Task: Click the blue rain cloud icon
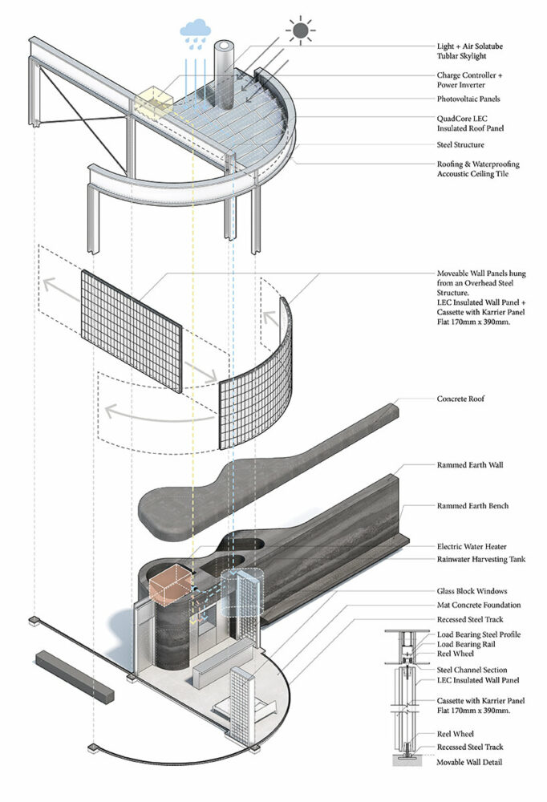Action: [196, 30]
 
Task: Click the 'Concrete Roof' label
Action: [460, 399]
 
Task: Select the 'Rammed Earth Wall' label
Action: [469, 465]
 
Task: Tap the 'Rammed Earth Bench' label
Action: [472, 506]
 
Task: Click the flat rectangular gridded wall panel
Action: [132, 330]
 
